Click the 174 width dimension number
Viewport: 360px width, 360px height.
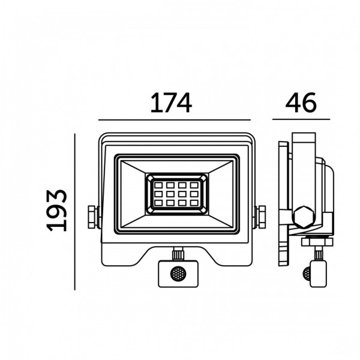[171, 103]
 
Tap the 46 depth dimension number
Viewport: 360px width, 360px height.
[301, 103]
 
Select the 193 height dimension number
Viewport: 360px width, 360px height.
[56, 211]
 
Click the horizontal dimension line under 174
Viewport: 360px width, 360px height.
[175, 120]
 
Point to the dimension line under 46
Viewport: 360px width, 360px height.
[301, 119]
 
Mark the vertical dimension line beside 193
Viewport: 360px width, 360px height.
[74, 212]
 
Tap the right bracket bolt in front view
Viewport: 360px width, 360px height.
[261, 217]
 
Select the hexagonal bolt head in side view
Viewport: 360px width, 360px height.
[304, 217]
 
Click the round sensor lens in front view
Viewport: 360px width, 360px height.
[178, 274]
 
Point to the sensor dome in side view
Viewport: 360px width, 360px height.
[307, 273]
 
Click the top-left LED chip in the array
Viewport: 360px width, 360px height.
[158, 185]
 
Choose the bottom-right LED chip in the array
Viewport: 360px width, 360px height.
[194, 203]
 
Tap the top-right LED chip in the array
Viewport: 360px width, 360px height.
[194, 185]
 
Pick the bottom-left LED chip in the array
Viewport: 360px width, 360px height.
[158, 203]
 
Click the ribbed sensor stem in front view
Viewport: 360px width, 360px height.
[178, 254]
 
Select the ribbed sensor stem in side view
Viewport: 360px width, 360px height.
[318, 253]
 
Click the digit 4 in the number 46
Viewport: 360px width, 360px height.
[293, 103]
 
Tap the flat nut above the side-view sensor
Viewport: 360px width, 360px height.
[317, 242]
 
